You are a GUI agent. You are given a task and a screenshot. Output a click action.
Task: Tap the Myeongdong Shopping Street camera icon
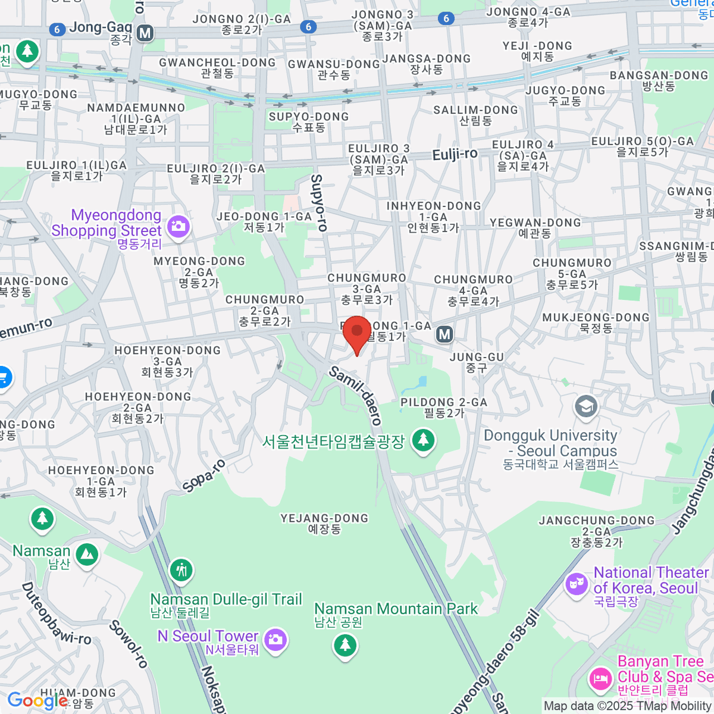click(178, 226)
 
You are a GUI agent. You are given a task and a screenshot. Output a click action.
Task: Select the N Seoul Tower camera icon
click(275, 640)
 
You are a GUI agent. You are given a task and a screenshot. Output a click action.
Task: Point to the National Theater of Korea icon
click(576, 583)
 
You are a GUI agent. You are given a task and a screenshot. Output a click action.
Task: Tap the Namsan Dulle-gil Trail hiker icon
click(181, 569)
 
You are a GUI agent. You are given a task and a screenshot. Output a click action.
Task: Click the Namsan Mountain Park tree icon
click(345, 644)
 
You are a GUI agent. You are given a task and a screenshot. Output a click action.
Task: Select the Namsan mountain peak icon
click(87, 555)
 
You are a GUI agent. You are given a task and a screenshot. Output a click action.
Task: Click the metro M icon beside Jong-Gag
click(145, 33)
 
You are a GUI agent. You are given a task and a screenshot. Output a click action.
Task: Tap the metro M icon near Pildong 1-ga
click(444, 334)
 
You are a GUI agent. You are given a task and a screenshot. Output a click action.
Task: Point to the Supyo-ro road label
click(320, 202)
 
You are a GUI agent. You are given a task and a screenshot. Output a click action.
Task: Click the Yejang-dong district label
click(324, 523)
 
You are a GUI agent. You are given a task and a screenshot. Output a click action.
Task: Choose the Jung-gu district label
click(477, 362)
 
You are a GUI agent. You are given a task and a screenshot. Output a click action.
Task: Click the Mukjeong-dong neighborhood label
click(596, 322)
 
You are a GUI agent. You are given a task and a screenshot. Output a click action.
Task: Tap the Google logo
click(37, 701)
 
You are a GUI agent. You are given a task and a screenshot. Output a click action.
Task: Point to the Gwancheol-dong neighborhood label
click(217, 67)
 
